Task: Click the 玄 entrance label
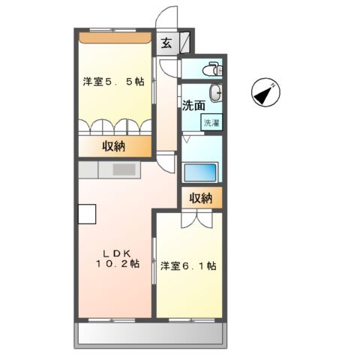tap(166, 43)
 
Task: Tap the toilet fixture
tap(214, 68)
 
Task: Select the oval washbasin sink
tap(215, 94)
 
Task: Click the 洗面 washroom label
tap(192, 106)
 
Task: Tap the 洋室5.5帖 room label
tap(112, 82)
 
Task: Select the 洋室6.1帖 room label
tap(188, 265)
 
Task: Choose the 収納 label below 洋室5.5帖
tap(115, 146)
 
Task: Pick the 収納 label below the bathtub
tap(200, 199)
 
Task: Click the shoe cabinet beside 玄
tap(183, 42)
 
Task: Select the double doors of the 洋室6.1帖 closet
tap(200, 220)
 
